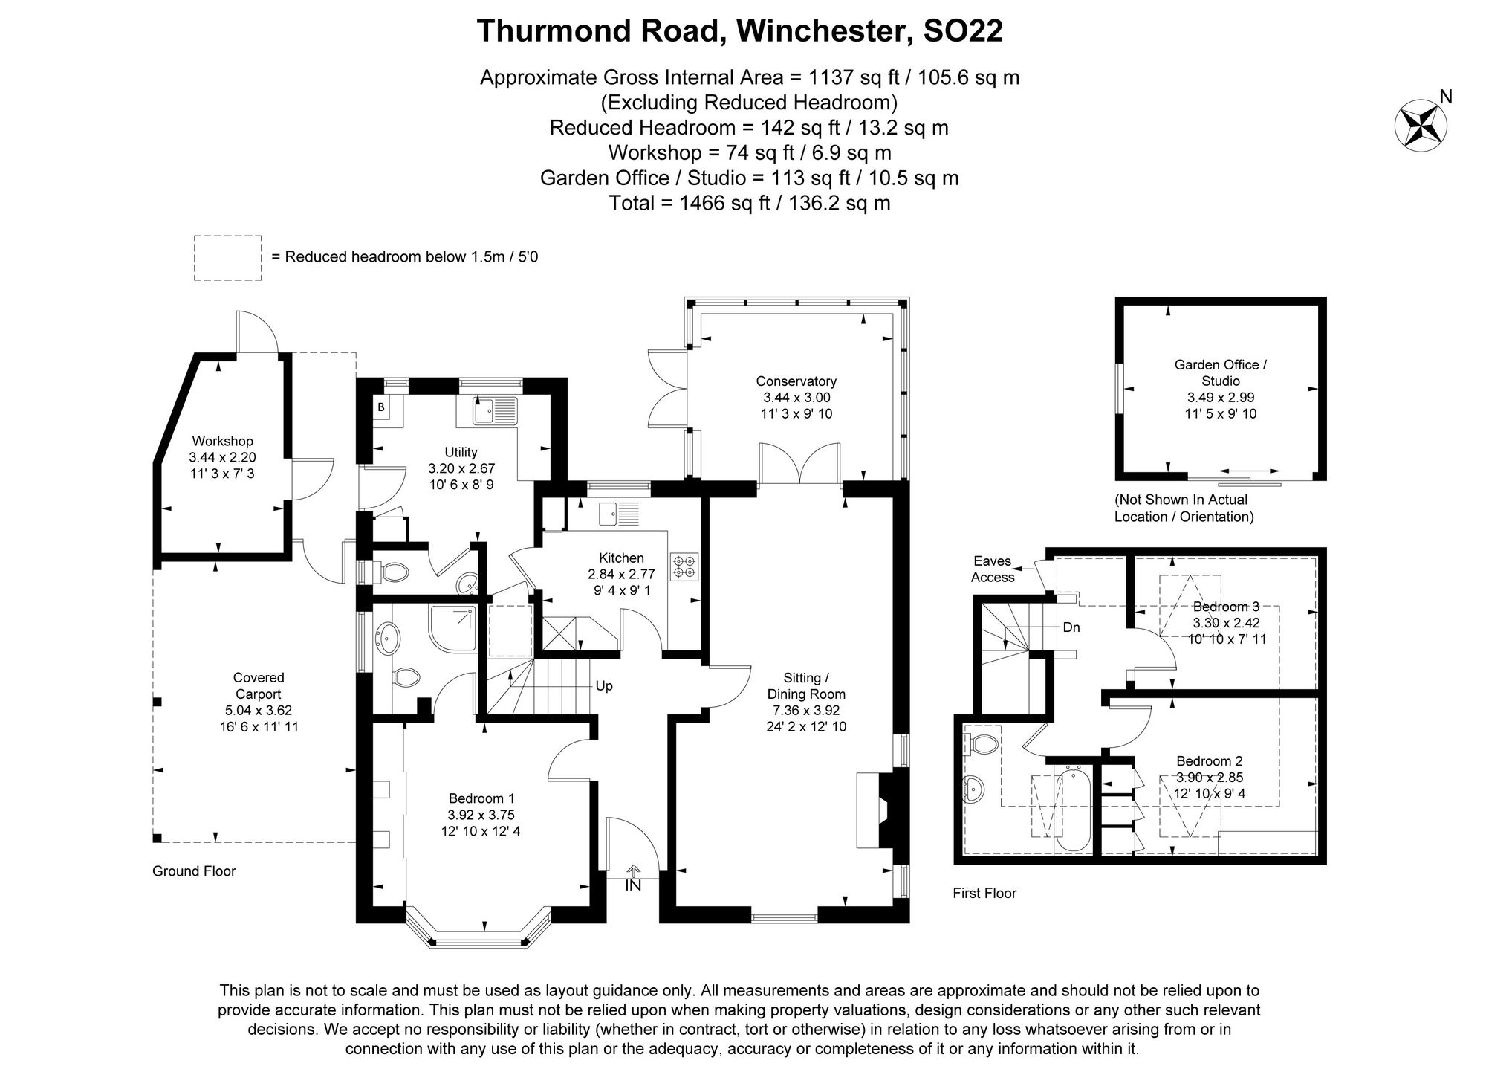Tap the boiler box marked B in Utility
tap(380, 407)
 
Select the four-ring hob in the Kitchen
tap(684, 566)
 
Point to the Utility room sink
tap(495, 410)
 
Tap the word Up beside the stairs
tap(604, 685)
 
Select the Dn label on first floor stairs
tap(1071, 627)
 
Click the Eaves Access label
tap(993, 569)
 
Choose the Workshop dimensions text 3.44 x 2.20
tap(222, 457)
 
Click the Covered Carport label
tap(259, 685)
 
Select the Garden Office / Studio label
tap(1221, 372)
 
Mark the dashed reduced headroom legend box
tap(227, 257)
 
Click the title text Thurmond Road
tap(601, 31)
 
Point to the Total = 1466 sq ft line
tap(749, 203)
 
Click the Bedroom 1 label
tap(481, 798)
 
